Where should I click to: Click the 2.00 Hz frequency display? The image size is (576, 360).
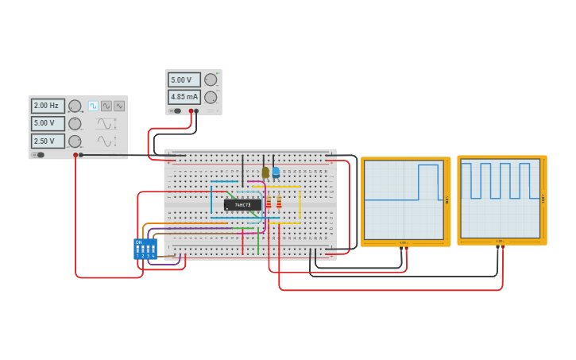(48, 106)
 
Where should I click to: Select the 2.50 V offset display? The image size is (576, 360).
(48, 141)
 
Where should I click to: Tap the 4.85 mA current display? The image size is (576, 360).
(184, 97)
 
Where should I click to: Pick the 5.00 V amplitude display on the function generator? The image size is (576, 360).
(48, 123)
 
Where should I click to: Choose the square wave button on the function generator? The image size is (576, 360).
(93, 106)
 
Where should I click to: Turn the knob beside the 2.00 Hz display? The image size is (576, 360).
(75, 106)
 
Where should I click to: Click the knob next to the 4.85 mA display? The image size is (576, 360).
(211, 97)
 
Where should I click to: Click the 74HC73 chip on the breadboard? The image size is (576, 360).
(242, 205)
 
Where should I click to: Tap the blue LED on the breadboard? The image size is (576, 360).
(276, 172)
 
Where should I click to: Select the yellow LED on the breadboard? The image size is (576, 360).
(265, 172)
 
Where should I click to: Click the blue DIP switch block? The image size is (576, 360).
(145, 249)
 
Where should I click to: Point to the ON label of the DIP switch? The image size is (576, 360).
(139, 242)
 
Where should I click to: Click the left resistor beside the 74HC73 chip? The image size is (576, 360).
(269, 203)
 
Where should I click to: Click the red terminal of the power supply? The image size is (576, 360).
(191, 111)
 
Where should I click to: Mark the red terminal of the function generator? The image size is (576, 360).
(75, 155)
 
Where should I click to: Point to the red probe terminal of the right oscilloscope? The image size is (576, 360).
(503, 248)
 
